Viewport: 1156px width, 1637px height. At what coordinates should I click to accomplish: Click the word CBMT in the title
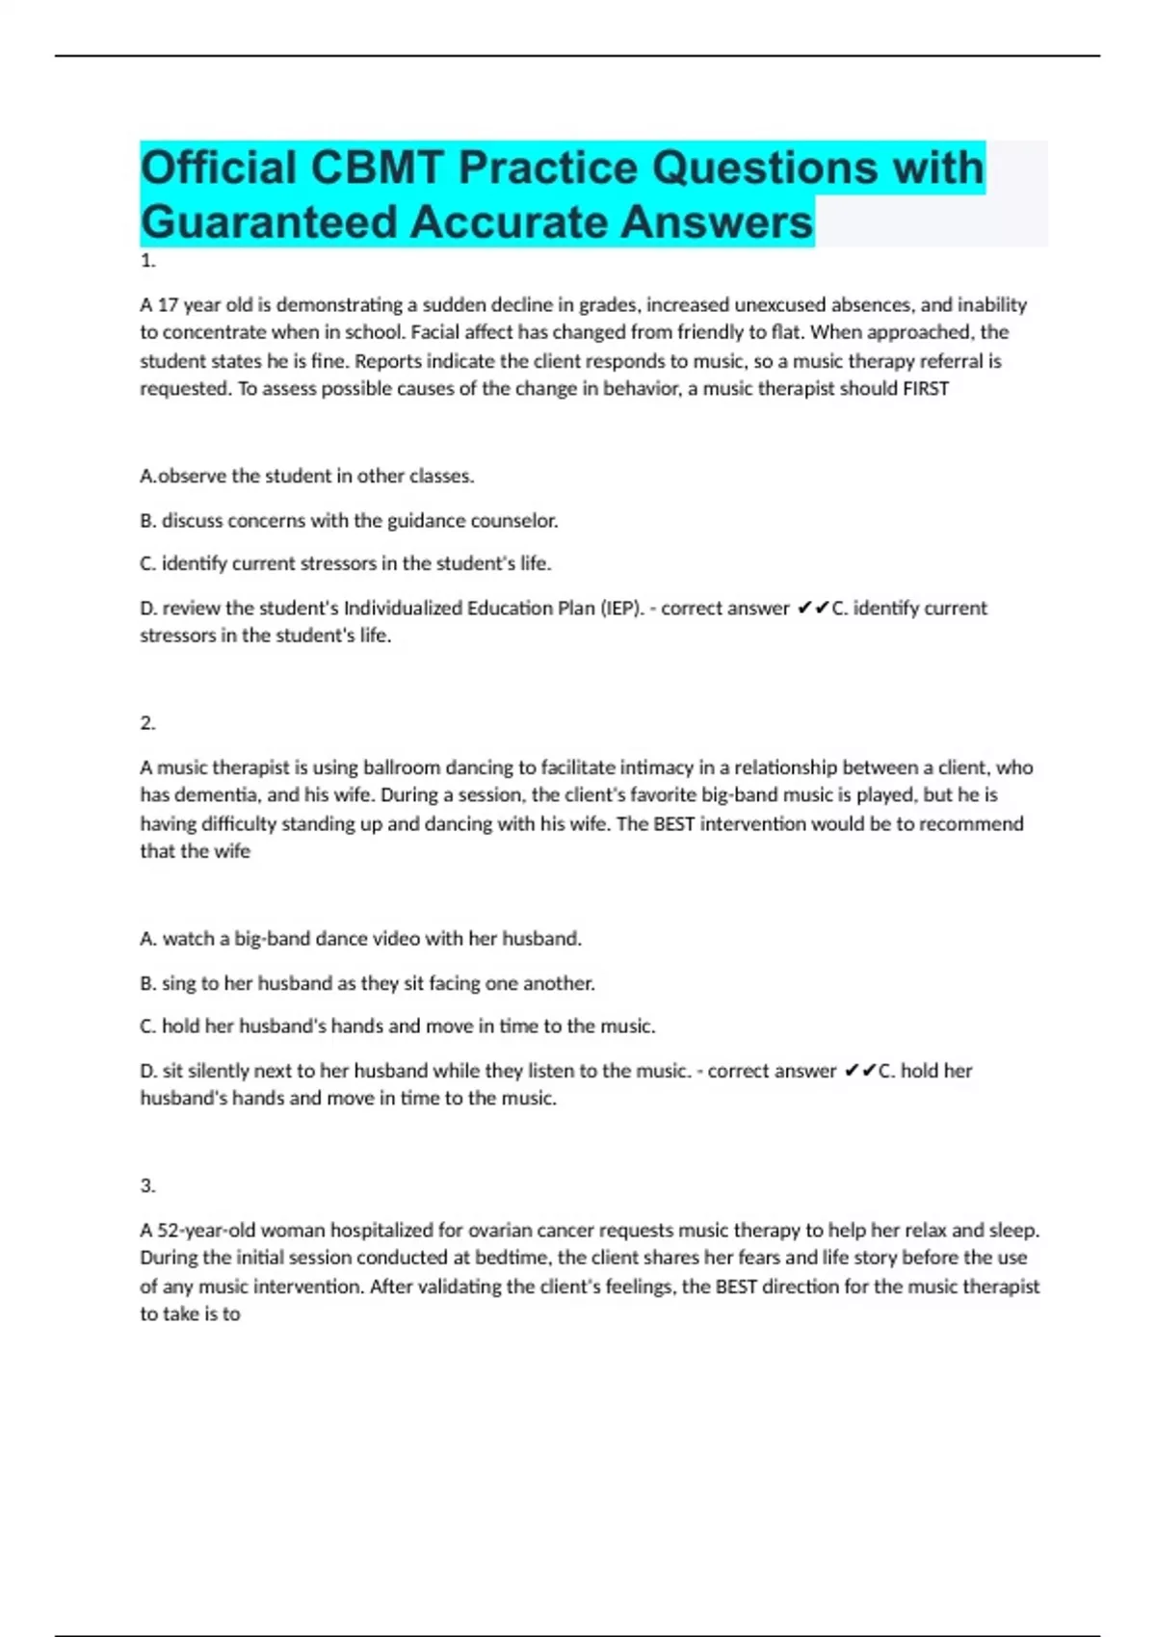point(377,168)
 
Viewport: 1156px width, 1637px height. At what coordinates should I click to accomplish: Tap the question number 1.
point(147,261)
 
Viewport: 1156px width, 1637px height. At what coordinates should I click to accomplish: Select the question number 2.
point(147,723)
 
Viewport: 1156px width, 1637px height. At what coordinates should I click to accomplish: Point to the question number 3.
point(147,1185)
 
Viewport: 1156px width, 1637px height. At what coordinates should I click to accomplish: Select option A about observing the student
point(307,476)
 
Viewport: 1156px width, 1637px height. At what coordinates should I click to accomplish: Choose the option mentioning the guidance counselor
point(349,521)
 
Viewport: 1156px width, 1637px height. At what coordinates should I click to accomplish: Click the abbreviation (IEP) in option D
point(621,609)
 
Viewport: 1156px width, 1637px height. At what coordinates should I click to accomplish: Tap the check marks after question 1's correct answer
point(813,609)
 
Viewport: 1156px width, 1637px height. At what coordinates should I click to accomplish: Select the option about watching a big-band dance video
point(361,939)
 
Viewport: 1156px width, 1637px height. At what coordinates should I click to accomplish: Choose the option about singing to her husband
point(367,983)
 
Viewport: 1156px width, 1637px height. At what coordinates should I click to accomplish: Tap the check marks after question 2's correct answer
point(859,1071)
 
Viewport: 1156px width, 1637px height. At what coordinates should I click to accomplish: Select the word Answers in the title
point(717,222)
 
